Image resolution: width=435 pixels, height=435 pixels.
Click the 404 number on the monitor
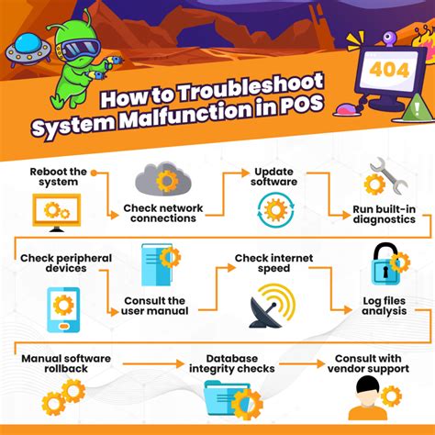tap(389, 71)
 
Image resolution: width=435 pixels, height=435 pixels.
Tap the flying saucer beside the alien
tap(28, 50)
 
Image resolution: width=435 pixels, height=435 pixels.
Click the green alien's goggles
tap(80, 50)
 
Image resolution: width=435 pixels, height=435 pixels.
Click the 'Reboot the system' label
tap(58, 177)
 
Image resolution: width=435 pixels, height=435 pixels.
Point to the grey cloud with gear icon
tap(163, 179)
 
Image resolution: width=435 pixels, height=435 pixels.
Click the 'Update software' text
tap(273, 176)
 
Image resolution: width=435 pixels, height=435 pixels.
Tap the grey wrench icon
tap(388, 175)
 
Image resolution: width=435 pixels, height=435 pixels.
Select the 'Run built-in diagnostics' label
tap(385, 214)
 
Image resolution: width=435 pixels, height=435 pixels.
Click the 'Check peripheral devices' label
tap(66, 263)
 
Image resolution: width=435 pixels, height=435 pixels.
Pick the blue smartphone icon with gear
tap(63, 309)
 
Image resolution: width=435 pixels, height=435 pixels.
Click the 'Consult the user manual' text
tap(154, 306)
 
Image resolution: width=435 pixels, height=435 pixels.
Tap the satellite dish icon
tap(272, 306)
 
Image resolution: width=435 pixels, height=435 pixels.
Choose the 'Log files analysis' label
tap(385, 306)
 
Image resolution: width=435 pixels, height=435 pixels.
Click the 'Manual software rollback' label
tap(66, 363)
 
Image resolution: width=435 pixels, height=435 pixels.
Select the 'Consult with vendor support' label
tap(368, 363)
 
